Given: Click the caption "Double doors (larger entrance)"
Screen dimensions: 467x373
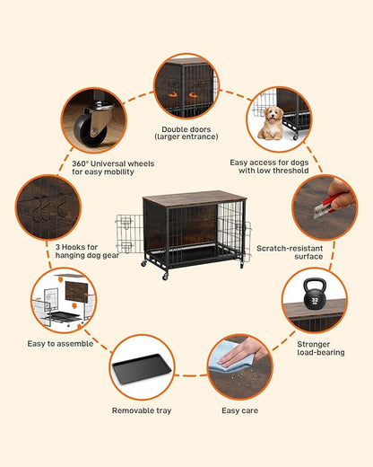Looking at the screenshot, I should pos(186,133).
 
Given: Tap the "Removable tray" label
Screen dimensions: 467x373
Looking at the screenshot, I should pos(142,410).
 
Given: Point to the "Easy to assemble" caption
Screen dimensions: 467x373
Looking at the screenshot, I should pos(60,343).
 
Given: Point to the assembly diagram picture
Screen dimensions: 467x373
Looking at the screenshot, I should pos(61,300).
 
